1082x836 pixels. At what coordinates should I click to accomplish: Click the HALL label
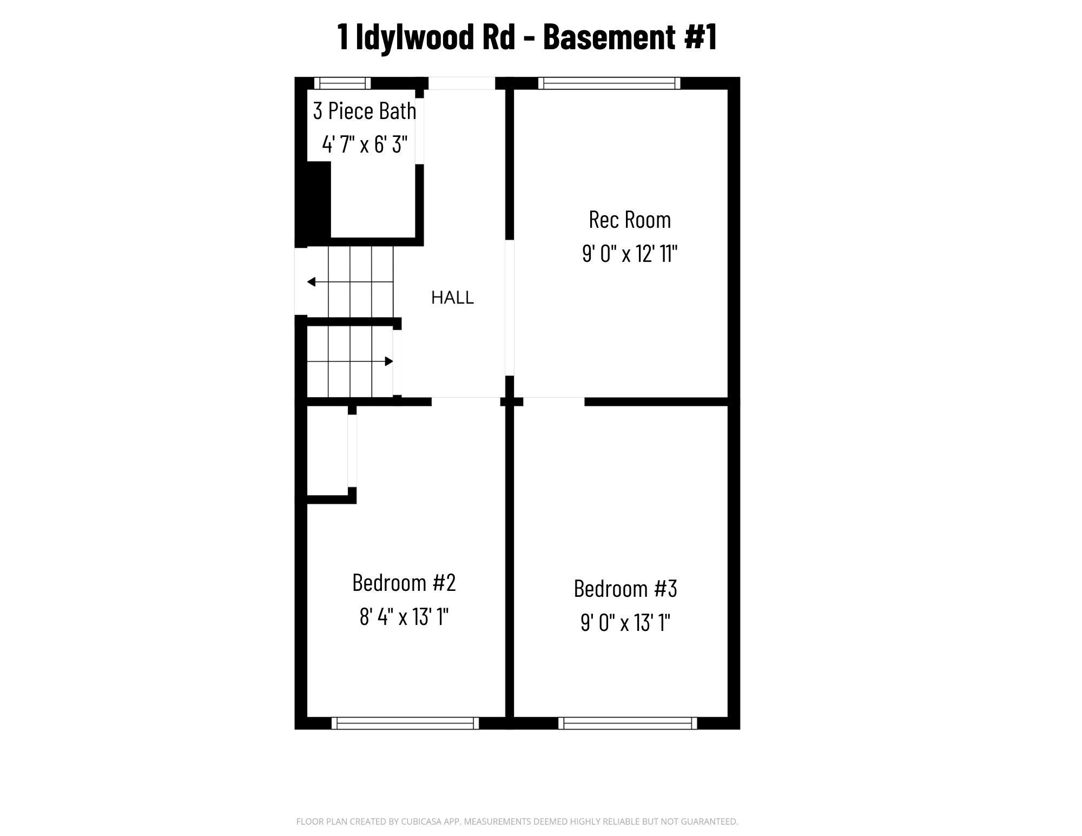coord(452,298)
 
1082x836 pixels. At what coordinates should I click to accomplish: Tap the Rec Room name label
coord(630,220)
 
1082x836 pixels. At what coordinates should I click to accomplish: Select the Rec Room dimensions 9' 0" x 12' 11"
coord(630,253)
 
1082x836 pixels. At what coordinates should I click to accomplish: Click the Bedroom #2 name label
coord(404,583)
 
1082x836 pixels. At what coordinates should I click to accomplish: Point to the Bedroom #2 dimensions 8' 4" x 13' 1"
coord(404,616)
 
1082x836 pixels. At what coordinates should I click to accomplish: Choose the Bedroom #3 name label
coord(625,589)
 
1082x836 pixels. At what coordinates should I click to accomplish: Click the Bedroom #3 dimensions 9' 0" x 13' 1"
coord(625,622)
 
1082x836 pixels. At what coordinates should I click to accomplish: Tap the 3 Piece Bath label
coord(365,111)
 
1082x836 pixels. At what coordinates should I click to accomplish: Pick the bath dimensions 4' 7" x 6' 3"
coord(365,144)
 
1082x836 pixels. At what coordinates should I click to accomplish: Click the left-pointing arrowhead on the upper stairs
coord(311,282)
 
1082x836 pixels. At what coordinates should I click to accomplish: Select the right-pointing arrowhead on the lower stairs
coord(389,361)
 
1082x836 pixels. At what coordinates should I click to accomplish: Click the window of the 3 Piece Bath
coord(342,83)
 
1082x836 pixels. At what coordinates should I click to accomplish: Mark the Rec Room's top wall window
coord(609,83)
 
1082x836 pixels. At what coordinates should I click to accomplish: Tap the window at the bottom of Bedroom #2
coord(405,723)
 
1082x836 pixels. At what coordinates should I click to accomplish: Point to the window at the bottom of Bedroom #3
coord(628,723)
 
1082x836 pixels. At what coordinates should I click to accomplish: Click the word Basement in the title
coord(609,37)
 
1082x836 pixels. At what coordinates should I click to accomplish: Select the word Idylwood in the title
coord(436,37)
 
